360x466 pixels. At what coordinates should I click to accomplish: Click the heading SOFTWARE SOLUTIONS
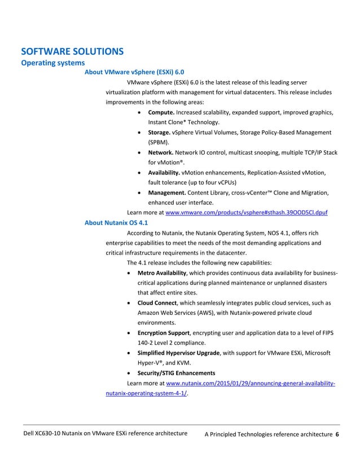tap(72, 51)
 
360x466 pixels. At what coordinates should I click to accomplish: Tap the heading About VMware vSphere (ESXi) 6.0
tap(134, 72)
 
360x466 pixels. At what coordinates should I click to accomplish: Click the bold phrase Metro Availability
tap(162, 273)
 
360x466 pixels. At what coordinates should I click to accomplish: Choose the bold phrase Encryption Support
tap(164, 333)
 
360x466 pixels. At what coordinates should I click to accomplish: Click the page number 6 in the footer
tap(337, 434)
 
